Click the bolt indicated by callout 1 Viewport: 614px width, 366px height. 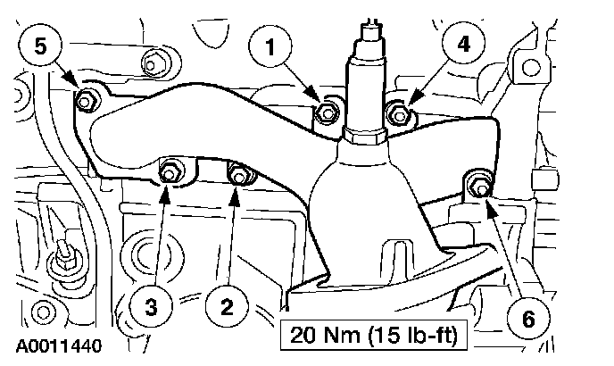tap(326, 113)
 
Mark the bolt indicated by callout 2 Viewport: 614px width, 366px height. tap(238, 173)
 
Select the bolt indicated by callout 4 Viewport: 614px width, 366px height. tap(399, 113)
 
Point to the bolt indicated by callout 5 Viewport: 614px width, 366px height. tap(87, 100)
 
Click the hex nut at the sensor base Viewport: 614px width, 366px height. tap(363, 136)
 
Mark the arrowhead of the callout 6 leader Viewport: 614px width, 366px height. tap(488, 200)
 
